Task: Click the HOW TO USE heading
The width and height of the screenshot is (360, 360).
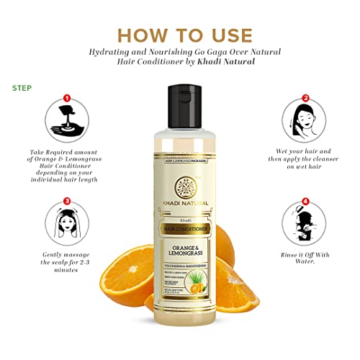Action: tap(179, 34)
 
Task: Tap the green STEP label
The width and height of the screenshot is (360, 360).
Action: tap(22, 89)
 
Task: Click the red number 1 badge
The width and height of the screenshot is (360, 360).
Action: tap(67, 97)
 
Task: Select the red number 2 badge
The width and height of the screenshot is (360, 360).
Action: tap(305, 98)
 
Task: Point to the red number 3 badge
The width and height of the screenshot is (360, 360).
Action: tap(67, 201)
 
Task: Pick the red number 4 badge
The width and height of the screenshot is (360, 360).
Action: tap(305, 201)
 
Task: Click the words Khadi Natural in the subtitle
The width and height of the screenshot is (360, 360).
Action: tap(233, 62)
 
